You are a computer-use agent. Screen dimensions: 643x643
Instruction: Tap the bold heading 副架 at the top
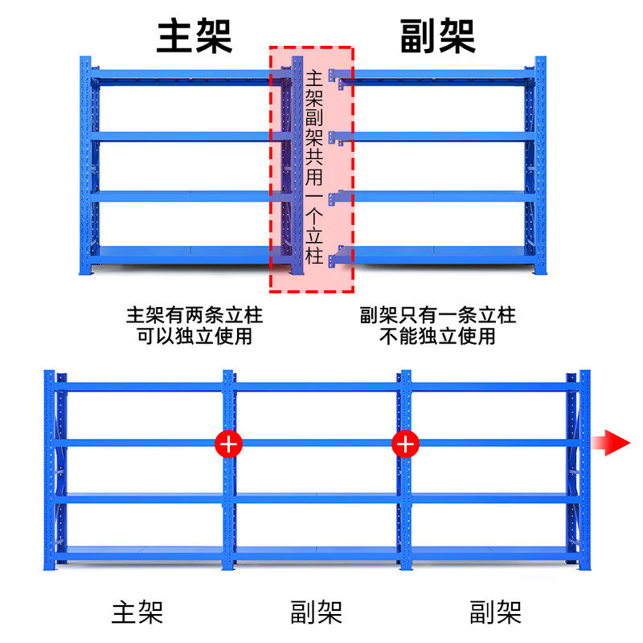click(438, 36)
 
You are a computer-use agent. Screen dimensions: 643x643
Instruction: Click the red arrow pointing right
click(611, 442)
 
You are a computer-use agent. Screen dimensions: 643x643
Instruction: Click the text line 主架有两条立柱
click(195, 314)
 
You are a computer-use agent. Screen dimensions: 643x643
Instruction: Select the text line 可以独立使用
click(195, 336)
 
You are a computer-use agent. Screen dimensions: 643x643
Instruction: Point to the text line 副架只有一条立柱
click(438, 314)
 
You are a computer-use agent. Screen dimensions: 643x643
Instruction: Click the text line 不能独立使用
click(438, 336)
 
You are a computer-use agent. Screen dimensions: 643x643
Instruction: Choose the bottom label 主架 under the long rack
click(137, 613)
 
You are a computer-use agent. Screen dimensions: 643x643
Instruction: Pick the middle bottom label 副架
click(316, 613)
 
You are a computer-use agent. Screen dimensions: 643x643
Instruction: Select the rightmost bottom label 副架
click(495, 613)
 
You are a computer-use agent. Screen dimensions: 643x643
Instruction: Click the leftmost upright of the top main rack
click(85, 165)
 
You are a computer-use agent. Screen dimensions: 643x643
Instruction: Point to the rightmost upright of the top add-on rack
click(540, 165)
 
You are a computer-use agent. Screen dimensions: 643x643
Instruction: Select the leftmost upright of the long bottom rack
click(49, 470)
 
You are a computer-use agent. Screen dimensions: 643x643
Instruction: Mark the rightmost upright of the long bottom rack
click(584, 470)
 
